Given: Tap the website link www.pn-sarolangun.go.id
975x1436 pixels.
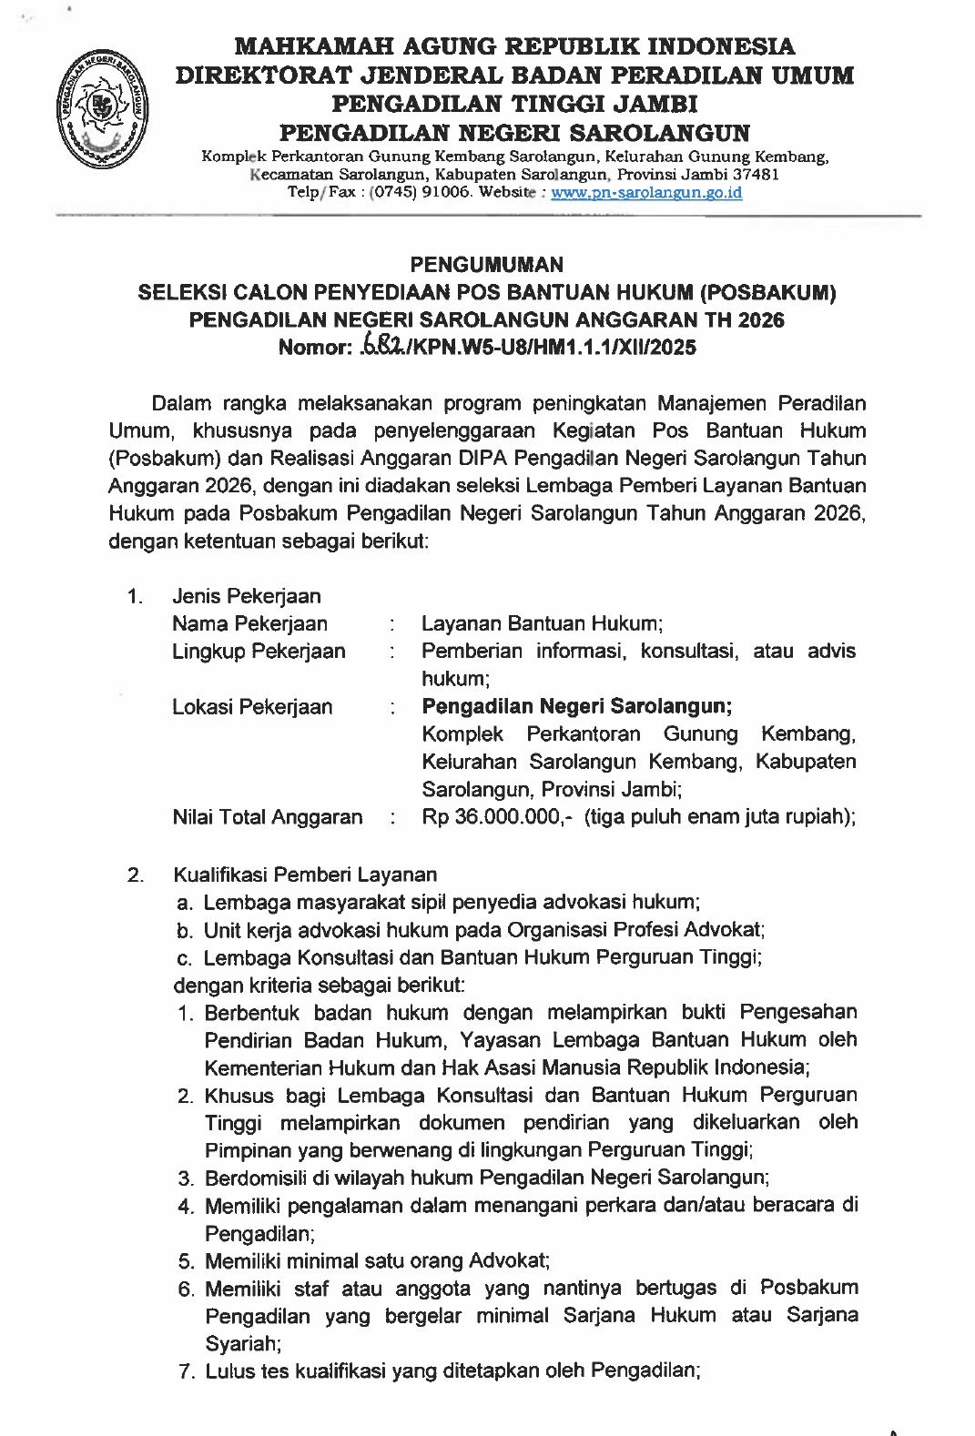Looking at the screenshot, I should pyautogui.click(x=647, y=193).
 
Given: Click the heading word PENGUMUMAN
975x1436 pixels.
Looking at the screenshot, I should pyautogui.click(x=487, y=265).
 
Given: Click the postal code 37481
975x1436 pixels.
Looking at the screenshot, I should pyautogui.click(x=751, y=175).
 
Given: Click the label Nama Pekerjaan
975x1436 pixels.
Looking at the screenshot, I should pyautogui.click(x=249, y=624).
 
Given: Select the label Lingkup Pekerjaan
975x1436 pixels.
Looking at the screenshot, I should pyautogui.click(x=259, y=652).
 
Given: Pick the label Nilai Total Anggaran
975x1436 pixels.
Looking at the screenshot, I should pyautogui.click(x=268, y=817).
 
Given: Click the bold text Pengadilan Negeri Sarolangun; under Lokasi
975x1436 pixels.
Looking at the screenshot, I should pyautogui.click(x=576, y=706).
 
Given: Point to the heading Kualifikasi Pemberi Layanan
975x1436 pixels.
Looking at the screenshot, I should pyautogui.click(x=305, y=875).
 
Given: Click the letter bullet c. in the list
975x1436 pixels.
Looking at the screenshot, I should pyautogui.click(x=185, y=957).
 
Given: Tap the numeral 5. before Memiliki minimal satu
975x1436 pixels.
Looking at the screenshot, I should pyautogui.click(x=187, y=1261).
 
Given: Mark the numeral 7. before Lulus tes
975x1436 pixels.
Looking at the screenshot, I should pyautogui.click(x=187, y=1371).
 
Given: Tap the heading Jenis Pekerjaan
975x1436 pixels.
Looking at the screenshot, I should pyautogui.click(x=247, y=597).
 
